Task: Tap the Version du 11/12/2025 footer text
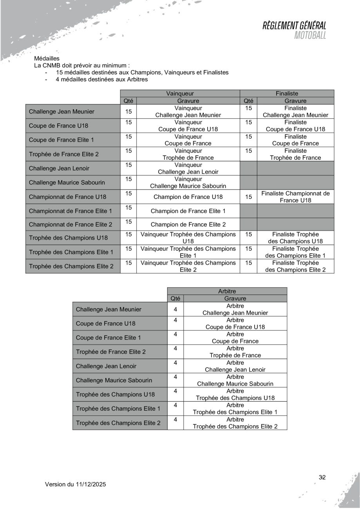[x=75, y=484]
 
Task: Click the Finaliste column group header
[x=287, y=94]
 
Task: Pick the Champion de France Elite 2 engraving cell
[x=186, y=225]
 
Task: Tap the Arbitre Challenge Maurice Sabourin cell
[x=235, y=380]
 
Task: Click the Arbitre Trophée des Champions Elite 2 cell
[x=235, y=423]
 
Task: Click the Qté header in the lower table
[x=175, y=298]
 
